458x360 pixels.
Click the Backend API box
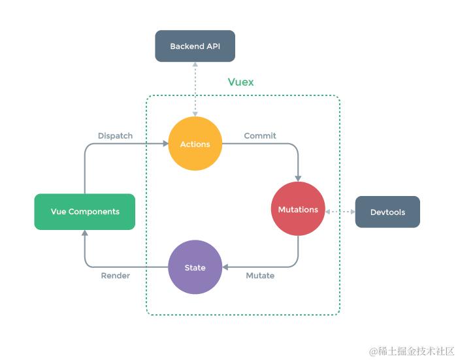[195, 46]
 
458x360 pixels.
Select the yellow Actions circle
[195, 144]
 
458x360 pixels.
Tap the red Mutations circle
[298, 209]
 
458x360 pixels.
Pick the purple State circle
[195, 267]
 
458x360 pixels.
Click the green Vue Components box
[85, 212]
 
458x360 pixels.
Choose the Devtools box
[387, 212]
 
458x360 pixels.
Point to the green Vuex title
[240, 82]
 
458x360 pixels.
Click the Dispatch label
[115, 136]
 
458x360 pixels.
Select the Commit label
[260, 136]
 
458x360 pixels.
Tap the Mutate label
[260, 276]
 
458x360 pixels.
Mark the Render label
[115, 276]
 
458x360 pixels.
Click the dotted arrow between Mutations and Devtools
[340, 212]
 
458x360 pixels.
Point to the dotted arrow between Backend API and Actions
[195, 89]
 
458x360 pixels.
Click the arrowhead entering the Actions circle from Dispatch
[165, 144]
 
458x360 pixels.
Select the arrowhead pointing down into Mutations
[298, 178]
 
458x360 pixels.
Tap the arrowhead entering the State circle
[225, 267]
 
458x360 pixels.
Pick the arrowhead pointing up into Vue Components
[85, 233]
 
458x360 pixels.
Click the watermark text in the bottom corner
[412, 351]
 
